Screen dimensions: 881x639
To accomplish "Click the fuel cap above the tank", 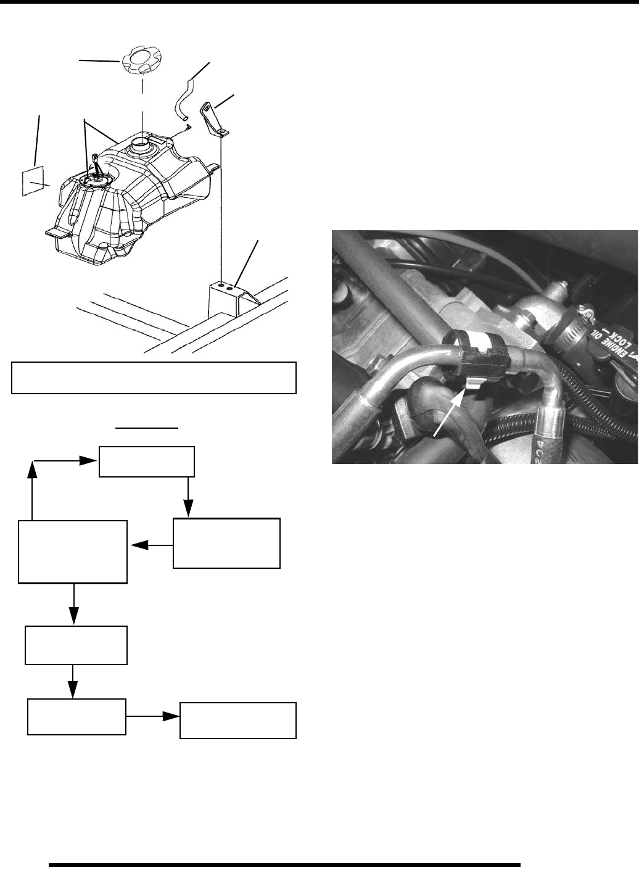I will tap(141, 62).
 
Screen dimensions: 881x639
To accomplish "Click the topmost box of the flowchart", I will tap(147, 462).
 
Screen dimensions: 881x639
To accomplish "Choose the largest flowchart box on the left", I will tap(73, 552).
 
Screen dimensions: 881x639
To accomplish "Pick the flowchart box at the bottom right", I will tap(237, 720).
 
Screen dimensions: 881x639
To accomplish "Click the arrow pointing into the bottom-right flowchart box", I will tap(154, 716).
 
